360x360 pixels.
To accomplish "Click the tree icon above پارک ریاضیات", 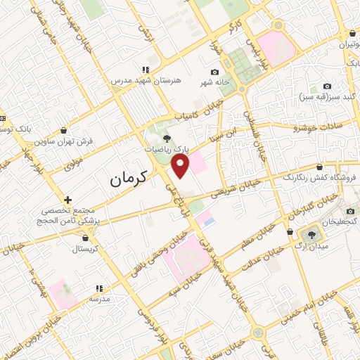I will pyautogui.click(x=167, y=139).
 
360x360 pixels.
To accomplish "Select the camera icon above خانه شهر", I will pyautogui.click(x=214, y=72).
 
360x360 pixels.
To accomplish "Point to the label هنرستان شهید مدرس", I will pyautogui.click(x=146, y=81).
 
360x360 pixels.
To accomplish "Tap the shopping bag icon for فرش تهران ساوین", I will pyautogui.click(x=65, y=130).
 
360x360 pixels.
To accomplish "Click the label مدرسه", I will pyautogui.click(x=98, y=298).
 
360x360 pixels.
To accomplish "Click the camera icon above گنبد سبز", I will pyautogui.click(x=326, y=86).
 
